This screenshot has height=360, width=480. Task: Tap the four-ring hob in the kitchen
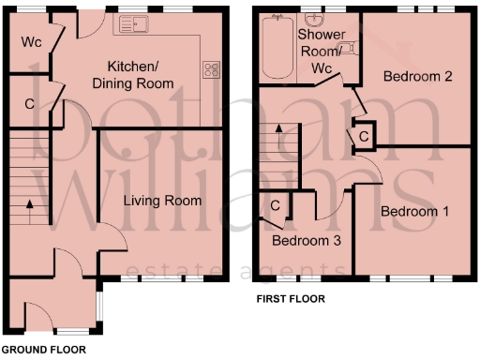point(211,69)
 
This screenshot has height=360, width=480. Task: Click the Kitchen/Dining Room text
point(141,76)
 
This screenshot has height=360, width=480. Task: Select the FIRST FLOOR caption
point(291,300)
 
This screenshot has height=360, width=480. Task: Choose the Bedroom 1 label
point(414,213)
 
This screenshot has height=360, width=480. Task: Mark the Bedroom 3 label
point(306,241)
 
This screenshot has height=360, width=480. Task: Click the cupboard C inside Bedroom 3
point(276,205)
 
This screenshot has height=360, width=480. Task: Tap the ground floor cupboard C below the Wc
point(29,104)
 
